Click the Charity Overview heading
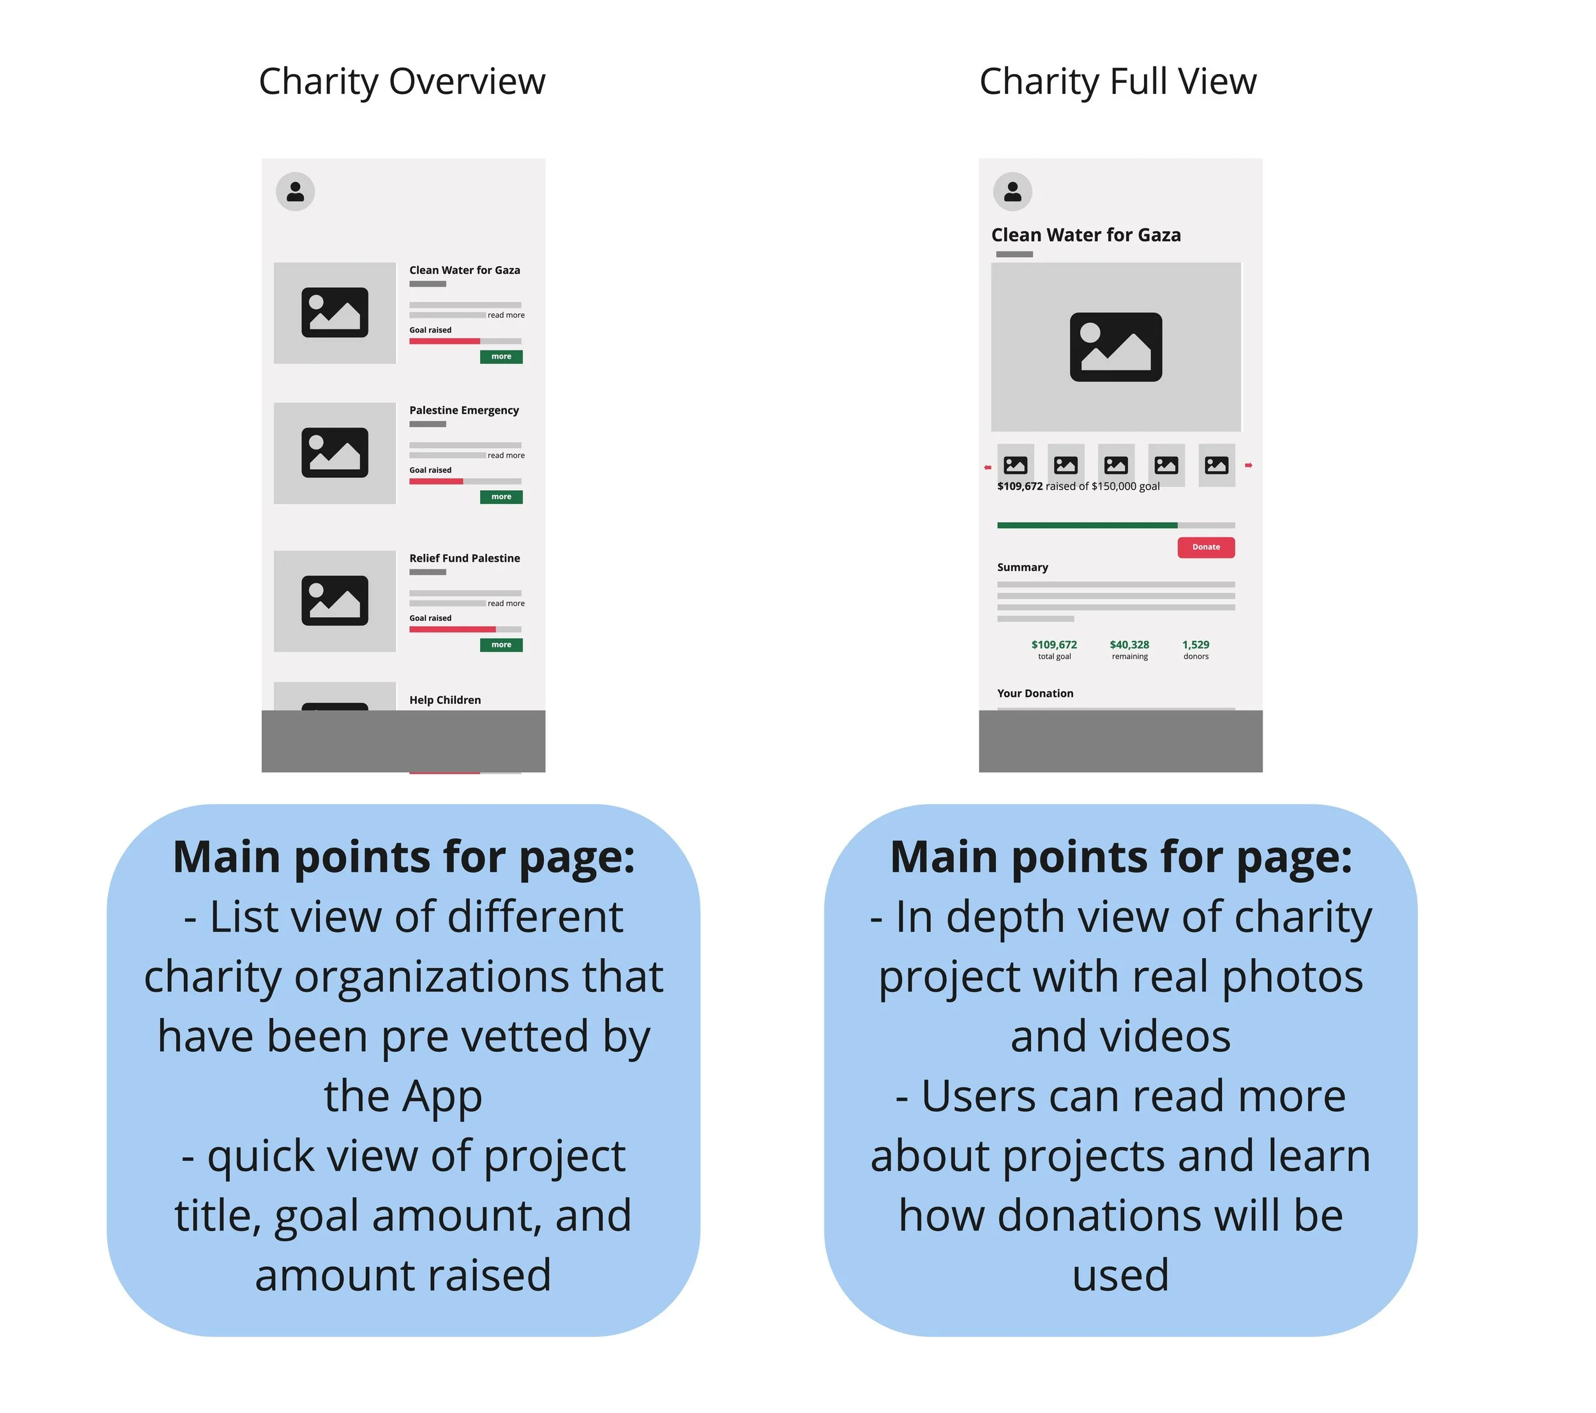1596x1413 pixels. click(x=402, y=81)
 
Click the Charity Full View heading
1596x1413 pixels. click(x=1117, y=81)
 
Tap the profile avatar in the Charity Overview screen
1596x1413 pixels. click(x=295, y=191)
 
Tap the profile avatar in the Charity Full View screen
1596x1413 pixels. click(x=1012, y=191)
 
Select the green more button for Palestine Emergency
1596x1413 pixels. click(x=501, y=497)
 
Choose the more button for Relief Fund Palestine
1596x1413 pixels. click(x=501, y=645)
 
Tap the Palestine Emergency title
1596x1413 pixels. click(x=464, y=410)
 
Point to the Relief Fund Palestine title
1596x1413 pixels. click(x=465, y=558)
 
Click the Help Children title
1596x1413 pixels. click(x=445, y=700)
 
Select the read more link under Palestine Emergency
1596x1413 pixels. click(x=506, y=455)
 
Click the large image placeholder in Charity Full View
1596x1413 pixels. click(x=1115, y=347)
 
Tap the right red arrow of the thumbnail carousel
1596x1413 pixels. click(x=1248, y=465)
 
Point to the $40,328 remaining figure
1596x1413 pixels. click(x=1129, y=645)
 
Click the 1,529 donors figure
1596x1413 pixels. click(x=1196, y=645)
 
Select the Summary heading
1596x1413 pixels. click(x=1022, y=567)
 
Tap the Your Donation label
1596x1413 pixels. click(x=1035, y=693)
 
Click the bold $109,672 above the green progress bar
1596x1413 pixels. click(x=1020, y=486)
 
